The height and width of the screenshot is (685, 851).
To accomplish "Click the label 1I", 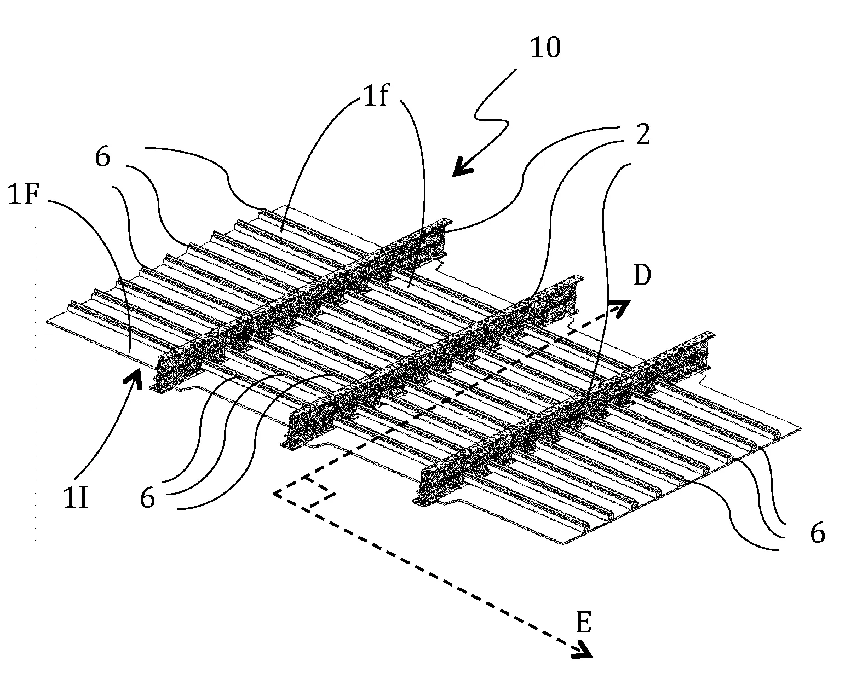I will (75, 498).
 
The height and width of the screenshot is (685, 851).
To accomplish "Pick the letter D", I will (642, 277).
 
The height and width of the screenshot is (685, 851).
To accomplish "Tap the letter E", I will (584, 623).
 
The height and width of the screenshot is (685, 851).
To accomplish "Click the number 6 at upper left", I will (102, 158).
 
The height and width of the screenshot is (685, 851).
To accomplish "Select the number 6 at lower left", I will (147, 498).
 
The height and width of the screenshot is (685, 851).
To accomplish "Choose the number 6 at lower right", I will (817, 533).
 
